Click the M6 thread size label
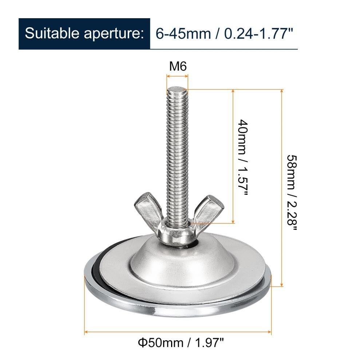click(x=178, y=66)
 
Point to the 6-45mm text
click(x=183, y=33)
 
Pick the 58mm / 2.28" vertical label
click(x=292, y=193)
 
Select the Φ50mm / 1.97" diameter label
click(x=181, y=343)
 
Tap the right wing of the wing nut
click(x=207, y=210)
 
